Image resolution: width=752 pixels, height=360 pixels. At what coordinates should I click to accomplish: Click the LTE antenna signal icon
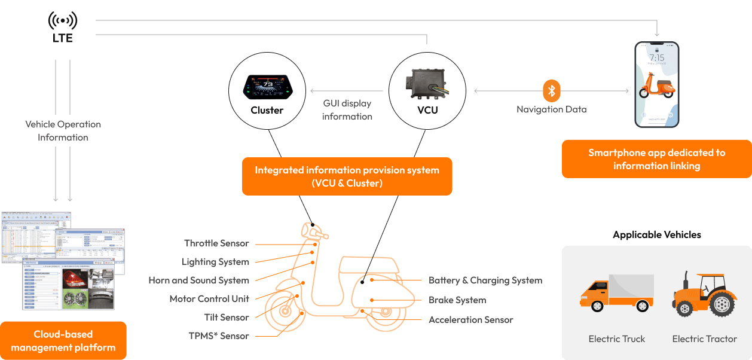(62, 22)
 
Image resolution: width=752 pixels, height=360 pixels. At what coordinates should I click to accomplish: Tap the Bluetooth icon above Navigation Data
(552, 91)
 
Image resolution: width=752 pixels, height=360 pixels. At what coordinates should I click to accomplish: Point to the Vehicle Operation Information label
(63, 131)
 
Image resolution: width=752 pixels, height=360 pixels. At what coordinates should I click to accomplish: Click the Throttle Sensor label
(216, 243)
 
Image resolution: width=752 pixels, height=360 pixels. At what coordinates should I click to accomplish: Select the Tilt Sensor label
(227, 317)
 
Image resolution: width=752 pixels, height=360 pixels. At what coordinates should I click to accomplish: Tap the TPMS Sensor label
(219, 336)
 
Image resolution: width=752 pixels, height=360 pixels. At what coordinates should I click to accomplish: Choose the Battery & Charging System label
(485, 280)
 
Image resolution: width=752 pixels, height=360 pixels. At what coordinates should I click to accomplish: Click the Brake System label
(457, 300)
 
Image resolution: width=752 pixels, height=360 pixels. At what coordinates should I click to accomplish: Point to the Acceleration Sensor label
(471, 320)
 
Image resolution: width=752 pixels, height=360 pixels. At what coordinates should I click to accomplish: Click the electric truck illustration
(616, 293)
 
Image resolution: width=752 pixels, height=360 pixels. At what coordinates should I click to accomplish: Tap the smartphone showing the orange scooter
(656, 84)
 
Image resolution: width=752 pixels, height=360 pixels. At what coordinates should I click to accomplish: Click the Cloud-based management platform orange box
(63, 340)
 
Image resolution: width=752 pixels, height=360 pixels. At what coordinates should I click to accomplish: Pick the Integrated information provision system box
(347, 176)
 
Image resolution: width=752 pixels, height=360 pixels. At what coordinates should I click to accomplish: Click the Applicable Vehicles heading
(656, 235)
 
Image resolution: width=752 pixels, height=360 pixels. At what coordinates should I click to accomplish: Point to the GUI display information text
(347, 109)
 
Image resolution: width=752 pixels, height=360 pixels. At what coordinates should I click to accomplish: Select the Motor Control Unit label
(209, 299)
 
